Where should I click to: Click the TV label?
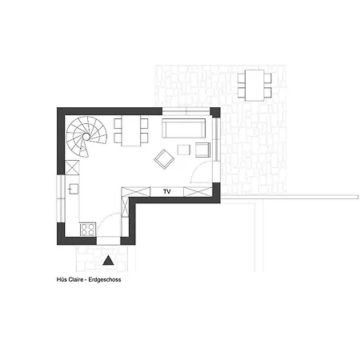click(x=167, y=191)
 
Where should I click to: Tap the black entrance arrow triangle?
click(x=108, y=261)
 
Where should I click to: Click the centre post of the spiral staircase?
click(x=86, y=136)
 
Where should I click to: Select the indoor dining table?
click(x=131, y=130)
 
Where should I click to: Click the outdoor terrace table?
click(x=254, y=86)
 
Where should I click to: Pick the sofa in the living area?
click(x=184, y=128)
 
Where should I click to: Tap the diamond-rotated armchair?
click(x=164, y=159)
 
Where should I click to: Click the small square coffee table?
click(x=184, y=150)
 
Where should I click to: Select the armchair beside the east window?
click(x=202, y=150)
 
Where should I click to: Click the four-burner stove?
click(x=88, y=230)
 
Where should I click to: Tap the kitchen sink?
click(x=74, y=189)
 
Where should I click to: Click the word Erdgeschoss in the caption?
click(x=105, y=279)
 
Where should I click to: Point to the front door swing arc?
click(x=106, y=218)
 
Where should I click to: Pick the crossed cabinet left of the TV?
click(x=136, y=192)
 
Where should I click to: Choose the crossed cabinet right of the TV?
click(x=198, y=192)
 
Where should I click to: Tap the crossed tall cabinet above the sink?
click(x=72, y=167)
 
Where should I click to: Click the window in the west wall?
click(x=61, y=198)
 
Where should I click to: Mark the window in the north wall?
click(x=186, y=111)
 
